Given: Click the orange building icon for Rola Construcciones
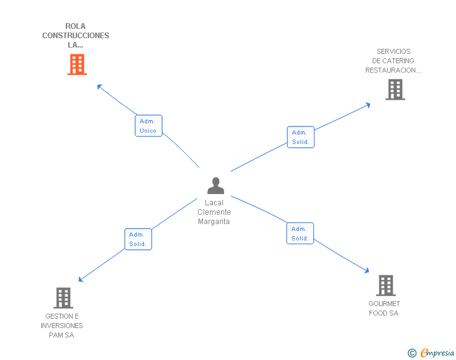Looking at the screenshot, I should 76,64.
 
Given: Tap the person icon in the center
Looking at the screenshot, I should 215,186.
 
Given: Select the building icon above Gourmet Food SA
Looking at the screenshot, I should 385,285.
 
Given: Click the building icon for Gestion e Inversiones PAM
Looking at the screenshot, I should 63,298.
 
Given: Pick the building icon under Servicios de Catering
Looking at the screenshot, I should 395,90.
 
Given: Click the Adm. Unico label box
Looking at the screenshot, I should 148,126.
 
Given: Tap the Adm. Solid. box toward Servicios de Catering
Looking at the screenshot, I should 301,137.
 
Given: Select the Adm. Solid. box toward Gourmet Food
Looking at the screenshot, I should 300,234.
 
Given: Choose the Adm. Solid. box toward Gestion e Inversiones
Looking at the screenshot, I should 138,239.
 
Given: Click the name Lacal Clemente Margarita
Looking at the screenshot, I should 214,212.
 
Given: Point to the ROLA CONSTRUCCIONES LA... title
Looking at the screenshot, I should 76,36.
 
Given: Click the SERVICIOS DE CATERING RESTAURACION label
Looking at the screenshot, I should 393,61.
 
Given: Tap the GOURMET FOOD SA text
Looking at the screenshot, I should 384,308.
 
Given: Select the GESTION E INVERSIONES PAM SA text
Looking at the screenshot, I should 62,326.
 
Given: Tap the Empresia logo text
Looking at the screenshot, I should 437,353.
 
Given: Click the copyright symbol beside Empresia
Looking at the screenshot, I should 412,353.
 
